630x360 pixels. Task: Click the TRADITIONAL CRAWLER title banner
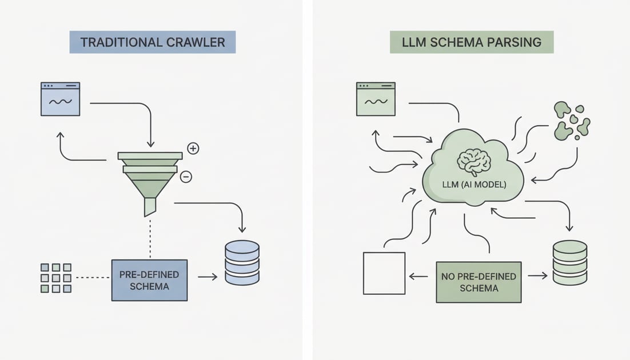[152, 42]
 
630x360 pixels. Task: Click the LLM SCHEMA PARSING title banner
[472, 42]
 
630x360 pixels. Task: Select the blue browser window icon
[60, 99]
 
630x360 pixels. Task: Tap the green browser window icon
[376, 99]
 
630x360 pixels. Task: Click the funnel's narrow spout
[150, 206]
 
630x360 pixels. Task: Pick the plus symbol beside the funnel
[193, 149]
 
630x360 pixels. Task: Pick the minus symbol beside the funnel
[186, 177]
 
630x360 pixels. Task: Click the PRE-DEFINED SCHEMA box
[149, 279]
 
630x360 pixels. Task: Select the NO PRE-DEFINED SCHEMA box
[479, 282]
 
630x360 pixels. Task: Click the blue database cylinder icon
[242, 262]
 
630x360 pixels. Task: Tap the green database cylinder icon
[569, 262]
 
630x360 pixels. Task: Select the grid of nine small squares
[56, 278]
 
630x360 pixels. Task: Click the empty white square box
[384, 273]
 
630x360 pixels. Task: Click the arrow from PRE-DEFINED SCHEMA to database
[208, 277]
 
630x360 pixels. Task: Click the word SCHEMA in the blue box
[149, 286]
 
